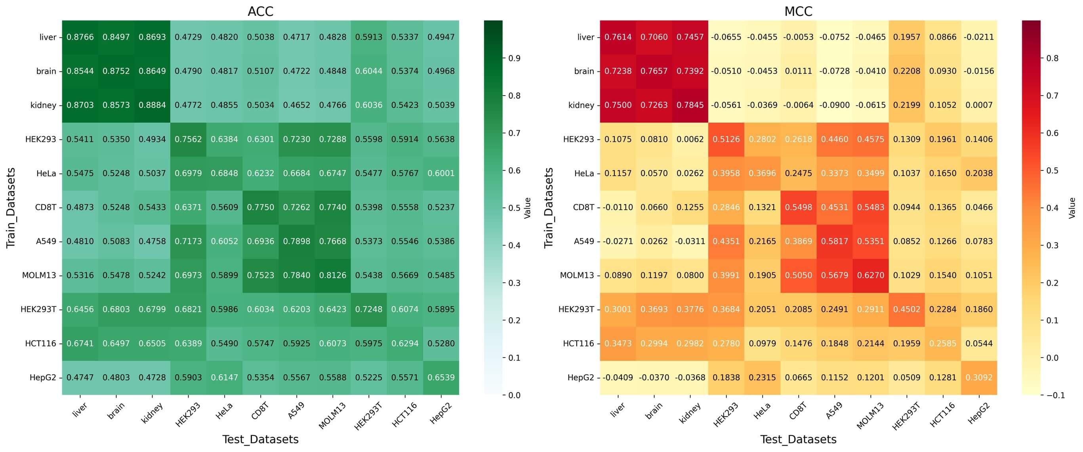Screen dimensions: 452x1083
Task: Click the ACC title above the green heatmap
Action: [260, 11]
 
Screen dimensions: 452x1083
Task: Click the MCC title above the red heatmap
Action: [798, 11]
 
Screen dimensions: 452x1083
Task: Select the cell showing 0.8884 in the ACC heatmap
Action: [152, 105]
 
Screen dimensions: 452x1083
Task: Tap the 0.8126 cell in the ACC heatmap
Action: [333, 275]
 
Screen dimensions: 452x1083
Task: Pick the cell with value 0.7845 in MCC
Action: [690, 105]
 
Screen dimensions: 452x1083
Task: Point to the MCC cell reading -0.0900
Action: [835, 105]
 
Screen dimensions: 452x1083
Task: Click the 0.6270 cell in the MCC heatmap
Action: [871, 275]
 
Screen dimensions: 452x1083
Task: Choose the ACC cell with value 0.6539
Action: [441, 377]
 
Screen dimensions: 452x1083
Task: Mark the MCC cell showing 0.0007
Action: [979, 105]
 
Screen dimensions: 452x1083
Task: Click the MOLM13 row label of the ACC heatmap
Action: [39, 275]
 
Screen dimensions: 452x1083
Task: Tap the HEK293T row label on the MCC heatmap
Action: [576, 309]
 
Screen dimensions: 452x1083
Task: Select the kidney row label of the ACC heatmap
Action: [43, 105]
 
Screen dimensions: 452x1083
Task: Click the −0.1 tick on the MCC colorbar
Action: [1053, 395]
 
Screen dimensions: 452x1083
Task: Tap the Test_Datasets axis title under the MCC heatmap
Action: [798, 439]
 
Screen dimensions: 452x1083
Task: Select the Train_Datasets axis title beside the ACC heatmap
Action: [11, 208]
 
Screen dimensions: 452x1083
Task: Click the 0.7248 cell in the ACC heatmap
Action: [369, 309]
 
